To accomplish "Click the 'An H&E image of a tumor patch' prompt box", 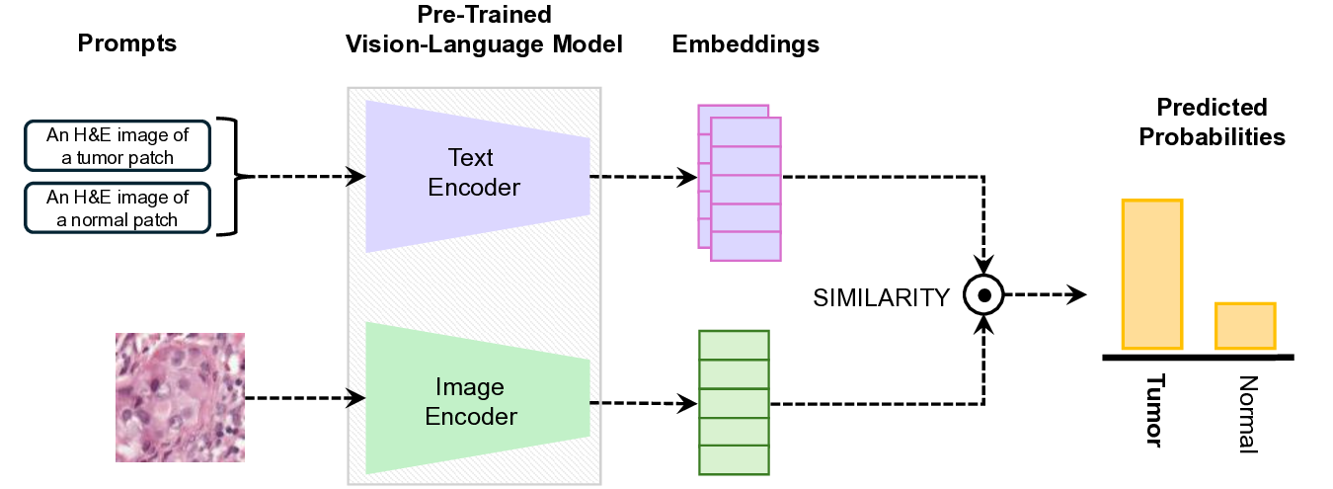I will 117,145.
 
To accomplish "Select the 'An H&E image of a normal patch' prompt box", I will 117,207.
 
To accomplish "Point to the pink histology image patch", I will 180,397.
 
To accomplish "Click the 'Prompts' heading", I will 127,44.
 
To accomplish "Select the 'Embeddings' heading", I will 745,44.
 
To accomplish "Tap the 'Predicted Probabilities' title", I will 1212,122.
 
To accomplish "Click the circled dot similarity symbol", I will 984,295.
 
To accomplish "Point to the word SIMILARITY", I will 881,296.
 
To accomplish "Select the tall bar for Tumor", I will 1151,274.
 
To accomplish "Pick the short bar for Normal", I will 1245,325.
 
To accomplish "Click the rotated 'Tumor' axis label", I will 1154,409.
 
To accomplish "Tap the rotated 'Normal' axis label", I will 1246,414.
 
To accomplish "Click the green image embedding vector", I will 733,402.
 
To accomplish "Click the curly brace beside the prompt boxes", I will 233,177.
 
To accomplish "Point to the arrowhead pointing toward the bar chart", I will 1079,294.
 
